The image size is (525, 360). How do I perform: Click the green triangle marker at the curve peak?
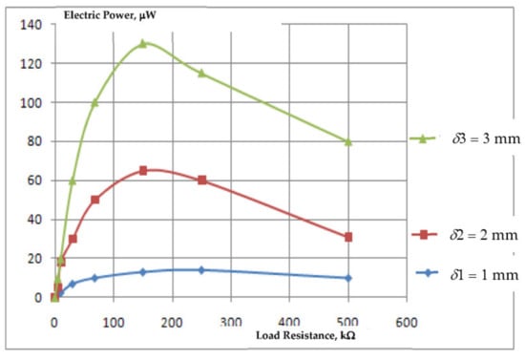(143, 44)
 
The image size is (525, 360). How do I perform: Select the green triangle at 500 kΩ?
(348, 142)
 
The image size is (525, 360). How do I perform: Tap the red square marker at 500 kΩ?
(348, 237)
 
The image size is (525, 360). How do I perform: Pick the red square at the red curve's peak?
(143, 171)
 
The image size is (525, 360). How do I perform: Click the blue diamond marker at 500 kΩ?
(348, 278)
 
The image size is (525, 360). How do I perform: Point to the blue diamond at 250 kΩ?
(201, 270)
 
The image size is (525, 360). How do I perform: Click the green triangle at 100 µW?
(95, 102)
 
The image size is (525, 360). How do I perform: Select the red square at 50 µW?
(95, 200)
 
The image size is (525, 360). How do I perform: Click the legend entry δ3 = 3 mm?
(465, 138)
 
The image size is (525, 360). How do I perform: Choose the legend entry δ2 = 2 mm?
(465, 235)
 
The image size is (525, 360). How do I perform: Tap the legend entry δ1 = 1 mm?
(467, 275)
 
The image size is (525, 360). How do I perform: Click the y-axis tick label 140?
(31, 25)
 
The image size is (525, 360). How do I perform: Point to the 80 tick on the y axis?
(34, 141)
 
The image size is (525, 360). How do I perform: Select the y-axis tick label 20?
(34, 258)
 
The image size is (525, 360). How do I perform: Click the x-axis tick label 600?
(407, 323)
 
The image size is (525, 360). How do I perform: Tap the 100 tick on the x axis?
(114, 323)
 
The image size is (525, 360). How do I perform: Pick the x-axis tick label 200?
(172, 323)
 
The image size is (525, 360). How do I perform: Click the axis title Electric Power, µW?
(110, 15)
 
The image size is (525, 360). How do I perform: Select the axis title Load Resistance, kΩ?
(305, 335)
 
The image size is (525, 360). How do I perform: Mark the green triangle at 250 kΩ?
(201, 73)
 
